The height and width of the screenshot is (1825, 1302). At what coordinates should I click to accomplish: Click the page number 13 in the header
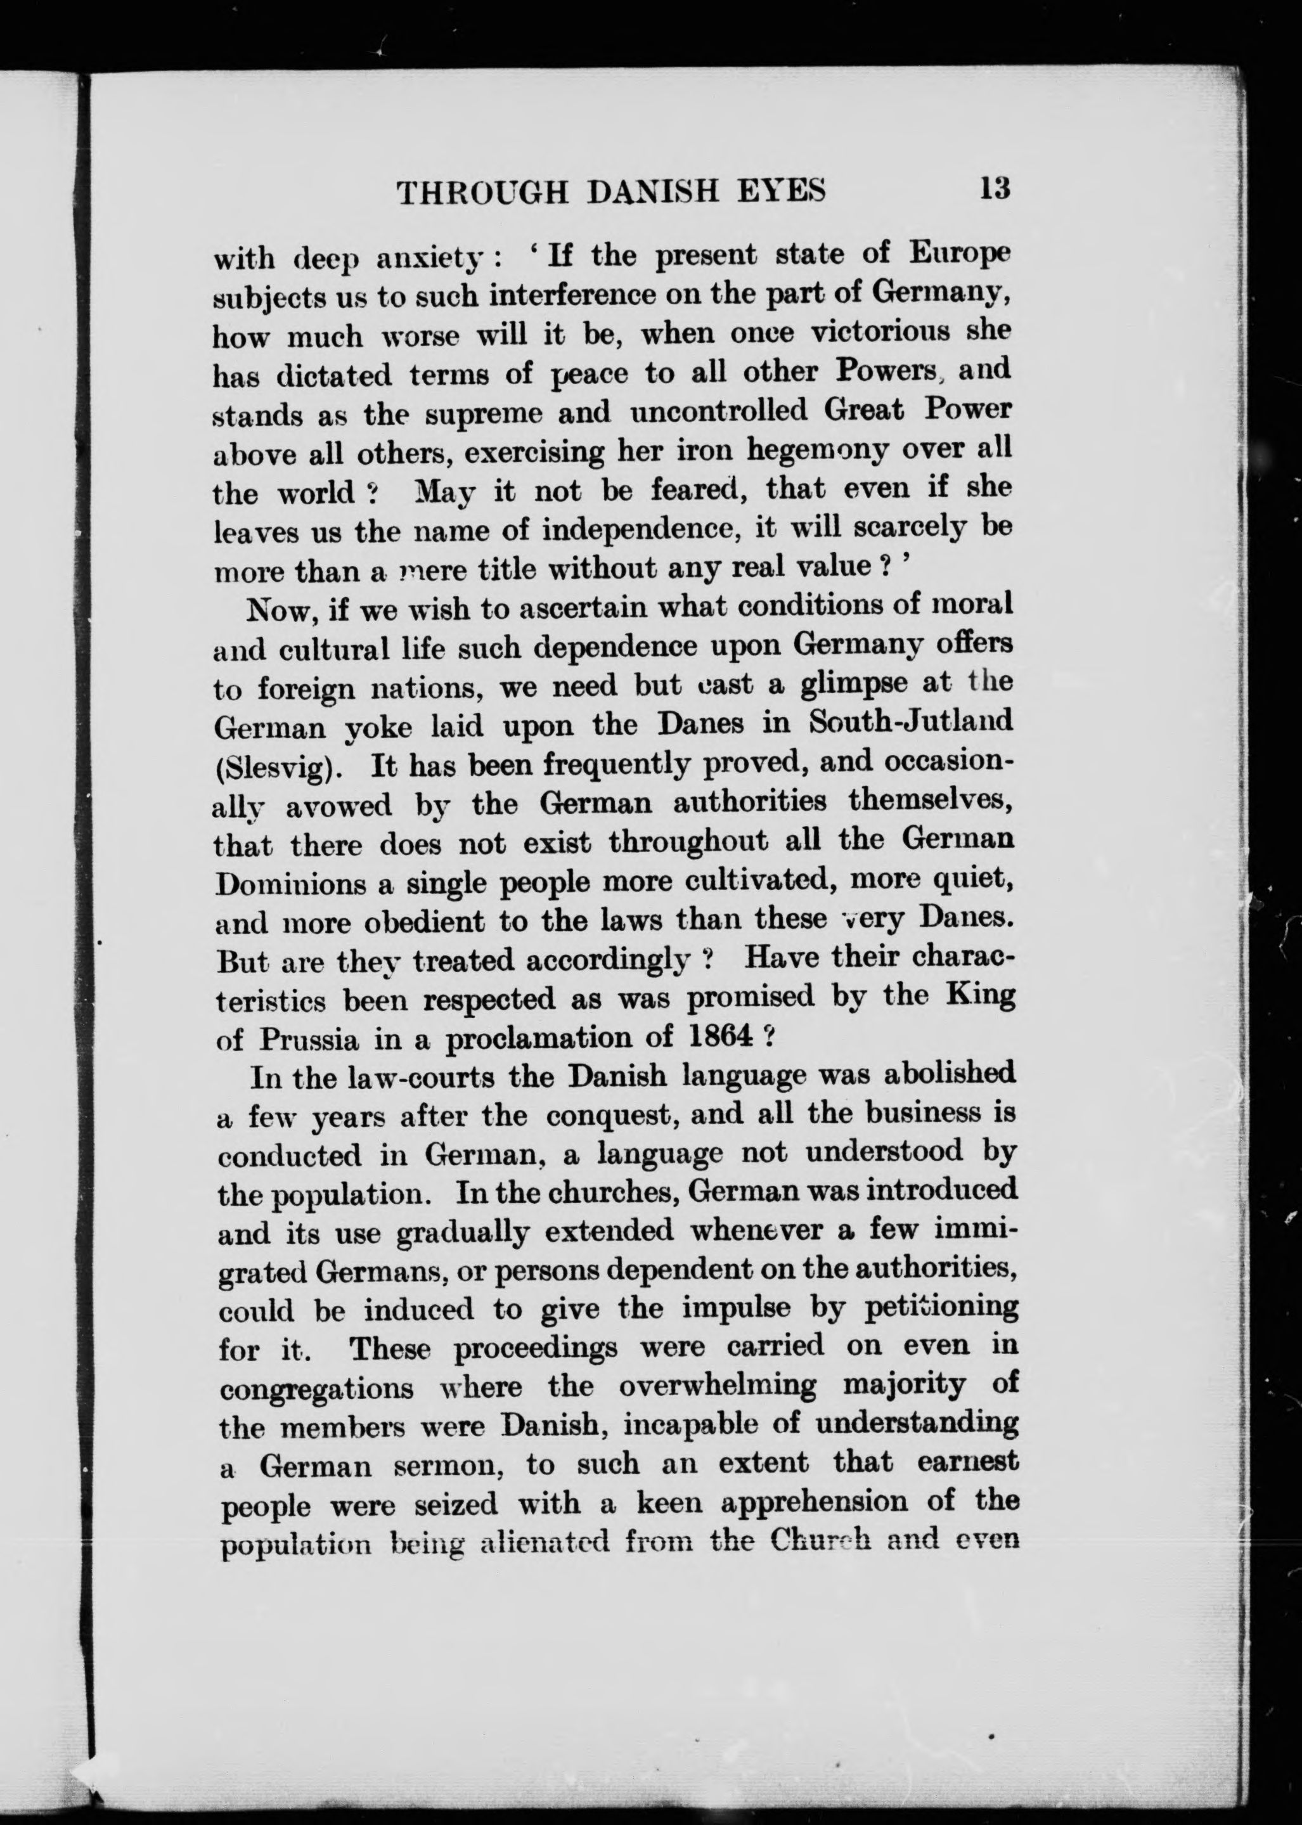pyautogui.click(x=993, y=190)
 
